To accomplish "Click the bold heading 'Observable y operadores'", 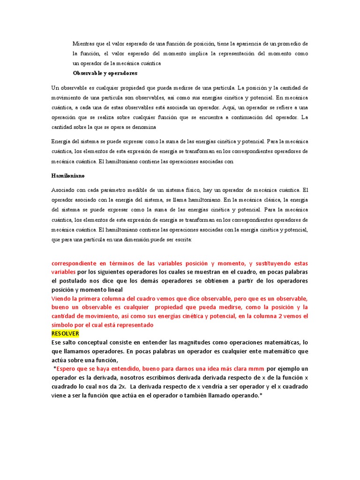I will [105, 73].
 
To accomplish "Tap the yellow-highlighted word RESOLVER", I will [65, 333].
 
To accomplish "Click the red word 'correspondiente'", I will [77, 263].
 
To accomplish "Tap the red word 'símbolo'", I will [64, 325].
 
